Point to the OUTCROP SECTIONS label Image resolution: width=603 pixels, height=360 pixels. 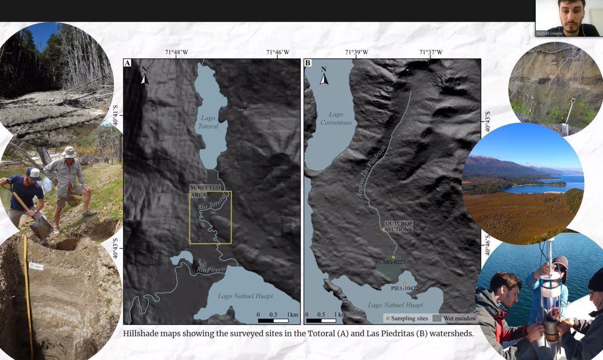[x=398, y=226]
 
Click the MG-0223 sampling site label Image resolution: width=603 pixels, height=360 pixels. [x=393, y=263]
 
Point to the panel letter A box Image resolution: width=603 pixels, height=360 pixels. [x=128, y=63]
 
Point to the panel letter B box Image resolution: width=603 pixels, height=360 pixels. [x=308, y=63]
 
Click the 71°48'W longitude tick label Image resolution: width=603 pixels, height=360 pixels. [x=176, y=52]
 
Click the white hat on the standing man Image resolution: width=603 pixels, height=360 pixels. [x=69, y=152]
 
